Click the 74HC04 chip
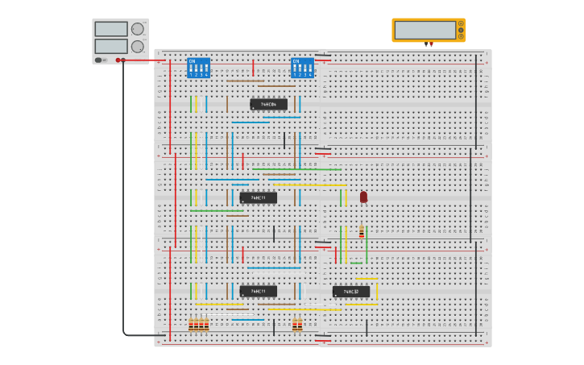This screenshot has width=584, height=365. click(268, 104)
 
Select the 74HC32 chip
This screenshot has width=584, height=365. click(351, 292)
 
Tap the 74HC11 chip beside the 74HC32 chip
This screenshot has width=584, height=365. click(258, 291)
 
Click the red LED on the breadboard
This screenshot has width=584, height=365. click(363, 197)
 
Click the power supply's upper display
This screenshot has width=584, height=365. click(110, 29)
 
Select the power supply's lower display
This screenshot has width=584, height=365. click(110, 46)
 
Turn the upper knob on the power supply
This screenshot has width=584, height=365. click(137, 29)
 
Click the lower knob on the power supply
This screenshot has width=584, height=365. click(137, 46)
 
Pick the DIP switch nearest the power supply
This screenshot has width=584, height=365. click(198, 68)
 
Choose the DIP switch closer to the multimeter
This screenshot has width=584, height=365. click(302, 68)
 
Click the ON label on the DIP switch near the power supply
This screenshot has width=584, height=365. click(192, 60)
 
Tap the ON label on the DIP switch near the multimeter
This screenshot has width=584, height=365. click(296, 60)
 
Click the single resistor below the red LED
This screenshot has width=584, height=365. click(362, 232)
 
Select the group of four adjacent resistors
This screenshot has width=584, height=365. click(198, 325)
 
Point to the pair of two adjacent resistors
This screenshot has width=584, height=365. click(297, 325)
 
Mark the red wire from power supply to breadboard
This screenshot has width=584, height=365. click(145, 60)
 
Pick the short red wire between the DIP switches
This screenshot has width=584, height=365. click(253, 68)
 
